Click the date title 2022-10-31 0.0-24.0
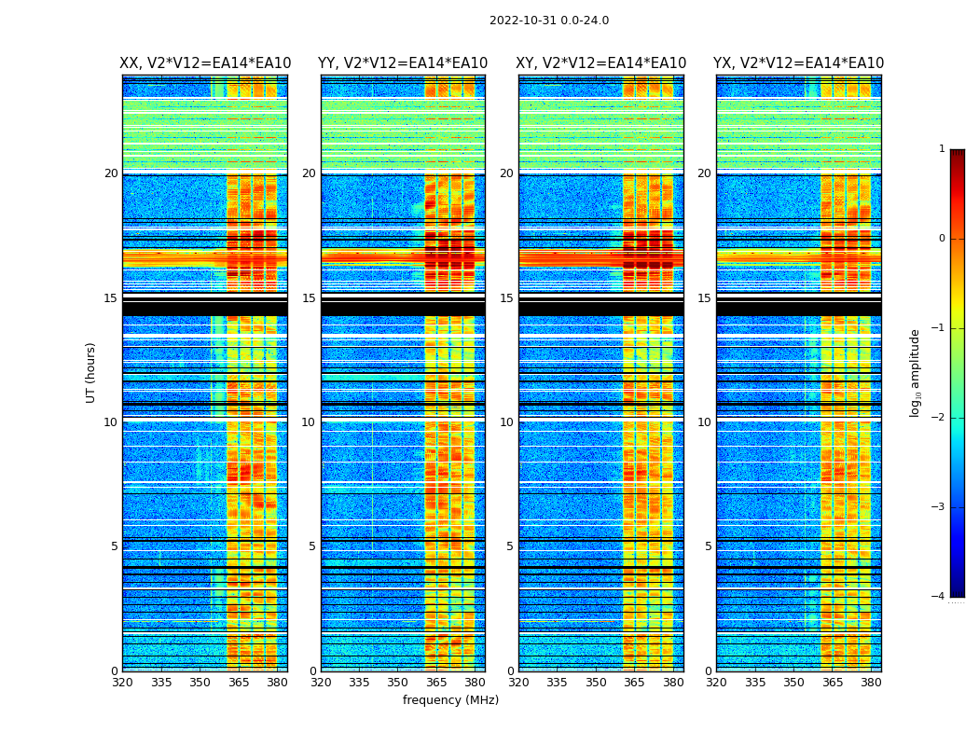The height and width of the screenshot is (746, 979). tap(549, 21)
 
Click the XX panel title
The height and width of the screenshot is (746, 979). tap(205, 63)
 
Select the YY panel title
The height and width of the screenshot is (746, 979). tap(403, 63)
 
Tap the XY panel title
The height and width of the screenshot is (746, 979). tap(601, 63)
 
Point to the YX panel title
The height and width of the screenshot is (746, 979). tap(799, 63)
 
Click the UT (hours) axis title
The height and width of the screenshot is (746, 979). tap(91, 372)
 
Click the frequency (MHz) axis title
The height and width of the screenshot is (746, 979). tap(450, 700)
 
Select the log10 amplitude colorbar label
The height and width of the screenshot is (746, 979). tap(916, 372)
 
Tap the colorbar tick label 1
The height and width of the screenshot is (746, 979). tap(942, 149)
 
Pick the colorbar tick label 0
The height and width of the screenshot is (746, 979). tap(942, 239)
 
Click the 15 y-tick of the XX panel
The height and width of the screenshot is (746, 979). tap(111, 298)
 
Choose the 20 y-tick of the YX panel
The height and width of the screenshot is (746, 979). tap(706, 173)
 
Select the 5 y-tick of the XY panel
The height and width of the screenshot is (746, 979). tap(510, 546)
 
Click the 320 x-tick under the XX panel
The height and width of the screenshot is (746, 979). tap(123, 683)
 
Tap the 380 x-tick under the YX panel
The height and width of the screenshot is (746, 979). tap(871, 683)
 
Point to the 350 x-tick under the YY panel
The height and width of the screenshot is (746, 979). tap(398, 683)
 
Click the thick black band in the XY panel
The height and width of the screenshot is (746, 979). tap(601, 308)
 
